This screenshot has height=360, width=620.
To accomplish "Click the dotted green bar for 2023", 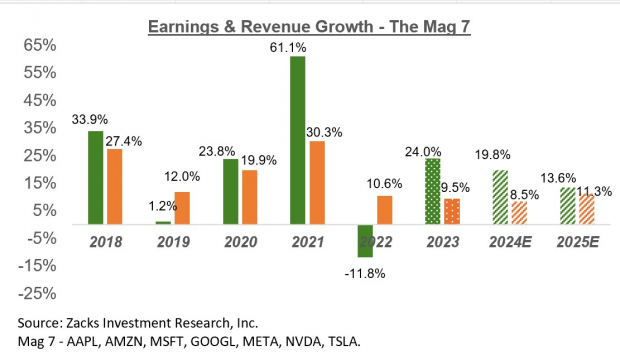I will pos(431,191).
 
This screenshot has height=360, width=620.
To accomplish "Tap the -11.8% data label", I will pos(365,272).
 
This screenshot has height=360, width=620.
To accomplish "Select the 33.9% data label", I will pos(95,119).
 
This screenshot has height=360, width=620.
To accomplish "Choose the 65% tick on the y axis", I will pos(40,46).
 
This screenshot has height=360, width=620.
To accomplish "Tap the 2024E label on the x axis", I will pos(510,241).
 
